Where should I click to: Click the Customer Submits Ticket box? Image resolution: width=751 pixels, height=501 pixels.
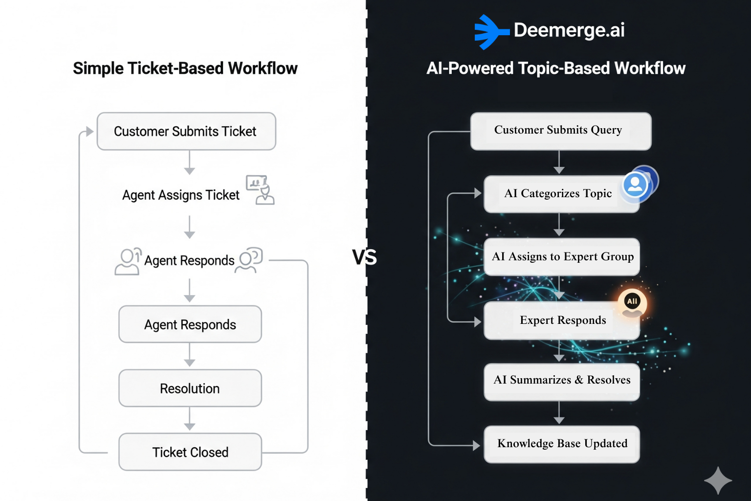coord(186,131)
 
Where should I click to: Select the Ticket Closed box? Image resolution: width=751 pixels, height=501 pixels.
coord(190,452)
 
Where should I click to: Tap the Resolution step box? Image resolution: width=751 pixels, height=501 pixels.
coord(190,388)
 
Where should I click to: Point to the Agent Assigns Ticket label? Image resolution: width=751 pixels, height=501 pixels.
coord(180,195)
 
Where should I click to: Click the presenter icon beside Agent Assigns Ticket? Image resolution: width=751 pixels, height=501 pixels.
coord(260,189)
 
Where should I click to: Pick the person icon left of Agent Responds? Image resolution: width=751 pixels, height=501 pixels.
coord(128,261)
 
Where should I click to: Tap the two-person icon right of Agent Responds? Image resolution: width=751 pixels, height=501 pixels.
coord(249,260)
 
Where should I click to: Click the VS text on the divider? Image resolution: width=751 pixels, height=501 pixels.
coord(364,257)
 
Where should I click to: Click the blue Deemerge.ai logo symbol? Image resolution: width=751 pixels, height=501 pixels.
coord(489,32)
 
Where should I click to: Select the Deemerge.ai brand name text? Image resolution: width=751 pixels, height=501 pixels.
coord(569,30)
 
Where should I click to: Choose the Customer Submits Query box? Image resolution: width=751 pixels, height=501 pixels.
coord(561,131)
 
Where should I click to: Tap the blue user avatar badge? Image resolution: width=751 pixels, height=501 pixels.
coord(636,185)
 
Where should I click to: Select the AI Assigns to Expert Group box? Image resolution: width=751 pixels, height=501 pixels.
coord(562,257)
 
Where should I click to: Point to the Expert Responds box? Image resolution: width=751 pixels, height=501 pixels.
coord(562,320)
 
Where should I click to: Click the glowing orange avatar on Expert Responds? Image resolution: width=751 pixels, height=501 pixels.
coord(632,302)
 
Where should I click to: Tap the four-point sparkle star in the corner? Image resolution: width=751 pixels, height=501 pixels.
coord(718,480)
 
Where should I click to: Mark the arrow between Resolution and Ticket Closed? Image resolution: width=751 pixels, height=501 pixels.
coord(190,420)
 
